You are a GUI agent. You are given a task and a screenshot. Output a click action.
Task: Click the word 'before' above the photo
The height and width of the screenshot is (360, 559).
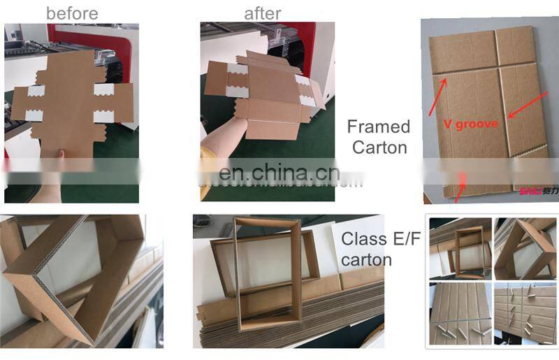[72, 13]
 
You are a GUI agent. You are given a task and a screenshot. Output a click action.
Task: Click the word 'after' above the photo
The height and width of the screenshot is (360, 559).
[262, 13]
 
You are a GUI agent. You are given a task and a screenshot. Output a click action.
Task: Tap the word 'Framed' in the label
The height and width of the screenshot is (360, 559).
[378, 127]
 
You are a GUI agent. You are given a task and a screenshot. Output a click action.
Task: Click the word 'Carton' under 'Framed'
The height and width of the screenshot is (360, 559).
[379, 147]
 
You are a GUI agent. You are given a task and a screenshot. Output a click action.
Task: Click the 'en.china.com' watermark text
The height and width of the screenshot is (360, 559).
[279, 173]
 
